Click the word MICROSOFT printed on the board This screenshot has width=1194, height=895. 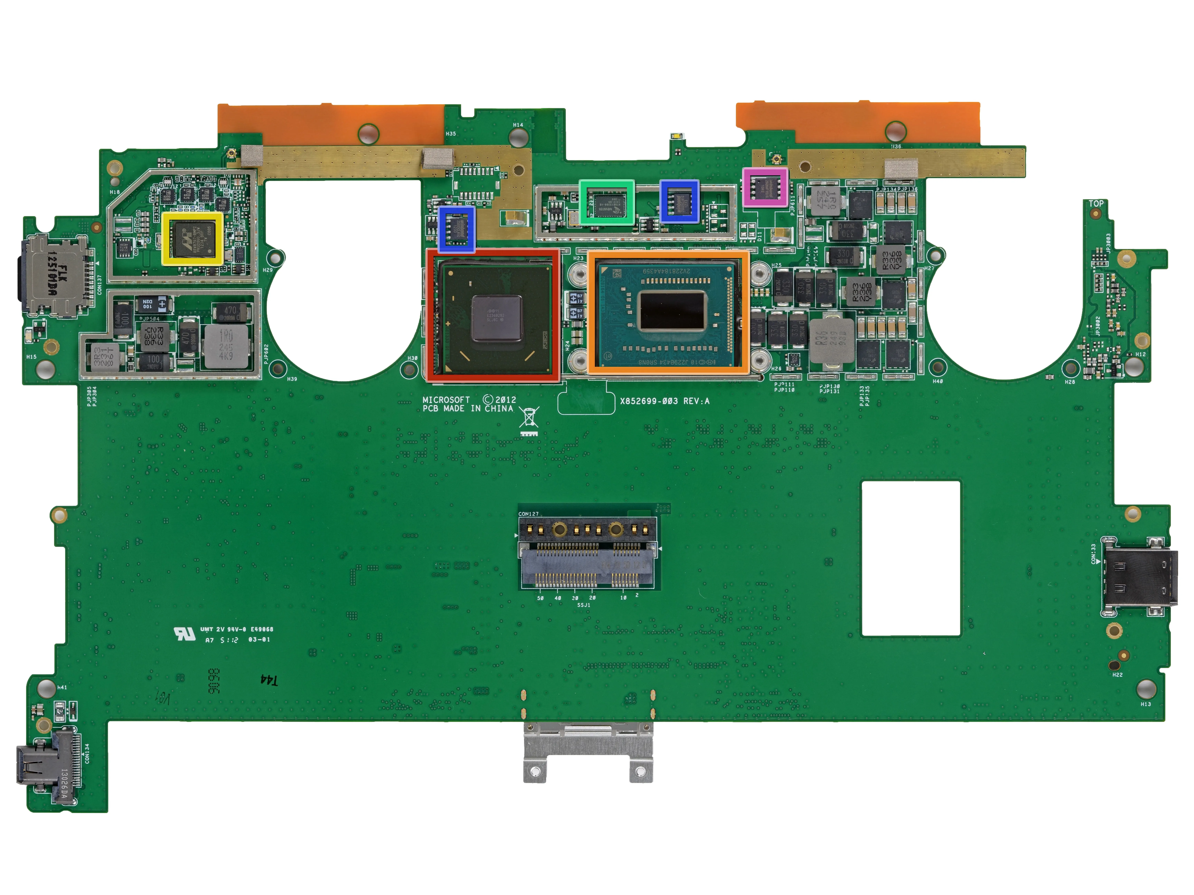click(x=446, y=400)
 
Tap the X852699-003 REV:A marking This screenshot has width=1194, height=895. click(x=664, y=401)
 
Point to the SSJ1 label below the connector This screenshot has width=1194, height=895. click(x=583, y=605)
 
